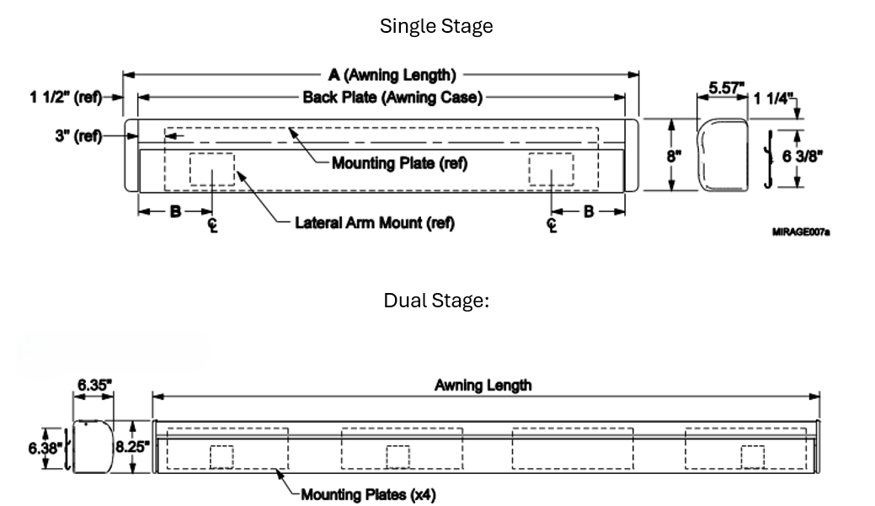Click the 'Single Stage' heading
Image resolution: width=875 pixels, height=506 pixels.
436,26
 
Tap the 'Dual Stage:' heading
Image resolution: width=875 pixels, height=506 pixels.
436,301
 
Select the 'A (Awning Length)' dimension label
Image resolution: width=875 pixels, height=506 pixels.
392,75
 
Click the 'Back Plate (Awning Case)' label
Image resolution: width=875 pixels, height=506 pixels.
392,97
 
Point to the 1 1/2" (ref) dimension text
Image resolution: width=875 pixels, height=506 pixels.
66,98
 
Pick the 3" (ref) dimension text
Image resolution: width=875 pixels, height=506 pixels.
78,136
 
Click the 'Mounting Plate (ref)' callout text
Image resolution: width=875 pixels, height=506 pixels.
399,163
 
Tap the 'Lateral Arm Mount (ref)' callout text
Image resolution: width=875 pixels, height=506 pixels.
375,223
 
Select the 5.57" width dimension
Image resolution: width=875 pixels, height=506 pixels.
727,88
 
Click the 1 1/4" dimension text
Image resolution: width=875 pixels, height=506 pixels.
773,99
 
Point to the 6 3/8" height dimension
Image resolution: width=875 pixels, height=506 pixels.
803,157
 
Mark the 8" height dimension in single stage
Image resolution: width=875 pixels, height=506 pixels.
674,157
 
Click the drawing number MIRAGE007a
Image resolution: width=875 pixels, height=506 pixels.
801,232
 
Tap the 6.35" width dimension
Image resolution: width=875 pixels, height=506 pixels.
94,385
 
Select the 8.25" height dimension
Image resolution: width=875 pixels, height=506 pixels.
133,447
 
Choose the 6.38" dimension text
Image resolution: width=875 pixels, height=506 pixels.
45,448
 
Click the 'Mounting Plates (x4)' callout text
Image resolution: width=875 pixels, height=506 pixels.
368,495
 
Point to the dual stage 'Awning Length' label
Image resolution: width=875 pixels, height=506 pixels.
483,386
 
